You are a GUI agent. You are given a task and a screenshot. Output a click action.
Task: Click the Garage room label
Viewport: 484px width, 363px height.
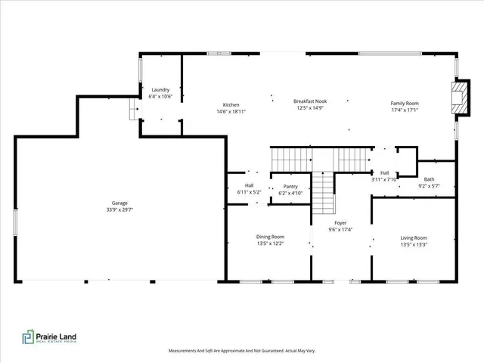tap(119, 203)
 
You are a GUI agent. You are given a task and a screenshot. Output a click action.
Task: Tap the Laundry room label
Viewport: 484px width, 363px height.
tap(161, 89)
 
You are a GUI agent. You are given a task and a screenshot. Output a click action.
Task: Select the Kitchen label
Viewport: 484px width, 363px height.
tap(231, 104)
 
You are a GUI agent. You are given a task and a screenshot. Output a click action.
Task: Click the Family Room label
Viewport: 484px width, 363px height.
tap(405, 104)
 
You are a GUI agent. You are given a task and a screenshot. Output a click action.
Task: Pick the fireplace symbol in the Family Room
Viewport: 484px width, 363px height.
tap(456, 97)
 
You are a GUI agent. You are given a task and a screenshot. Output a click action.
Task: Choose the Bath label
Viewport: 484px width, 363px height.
tap(429, 179)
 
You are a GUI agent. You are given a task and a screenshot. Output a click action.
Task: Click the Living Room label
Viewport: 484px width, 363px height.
tap(414, 238)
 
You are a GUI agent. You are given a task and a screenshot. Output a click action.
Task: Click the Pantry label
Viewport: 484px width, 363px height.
tap(290, 186)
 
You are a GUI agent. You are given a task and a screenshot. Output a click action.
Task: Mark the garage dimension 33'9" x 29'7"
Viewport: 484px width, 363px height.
tap(119, 209)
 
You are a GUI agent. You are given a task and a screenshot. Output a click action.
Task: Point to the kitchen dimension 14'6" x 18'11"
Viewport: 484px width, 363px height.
tap(231, 111)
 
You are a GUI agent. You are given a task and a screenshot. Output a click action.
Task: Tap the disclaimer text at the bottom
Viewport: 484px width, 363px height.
tap(241, 351)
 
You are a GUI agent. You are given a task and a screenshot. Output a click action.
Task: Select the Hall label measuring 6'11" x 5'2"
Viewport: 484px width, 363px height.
tap(249, 189)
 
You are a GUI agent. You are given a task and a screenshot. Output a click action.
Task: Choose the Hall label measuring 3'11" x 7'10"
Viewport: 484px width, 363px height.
tap(384, 176)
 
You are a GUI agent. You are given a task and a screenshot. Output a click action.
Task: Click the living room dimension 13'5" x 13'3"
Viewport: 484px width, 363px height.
tap(414, 245)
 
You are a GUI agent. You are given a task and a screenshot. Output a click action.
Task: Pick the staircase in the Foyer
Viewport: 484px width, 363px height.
tap(323, 192)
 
